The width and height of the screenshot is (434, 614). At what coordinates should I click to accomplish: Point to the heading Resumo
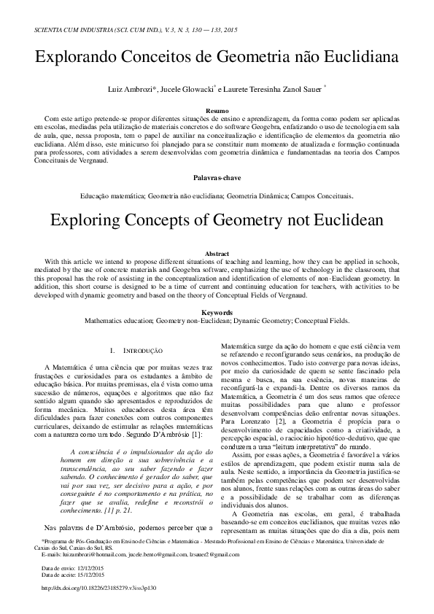[217, 110]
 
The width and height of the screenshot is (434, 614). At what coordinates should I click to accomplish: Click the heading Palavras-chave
[217, 178]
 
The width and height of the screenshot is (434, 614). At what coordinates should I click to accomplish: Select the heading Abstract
[217, 253]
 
